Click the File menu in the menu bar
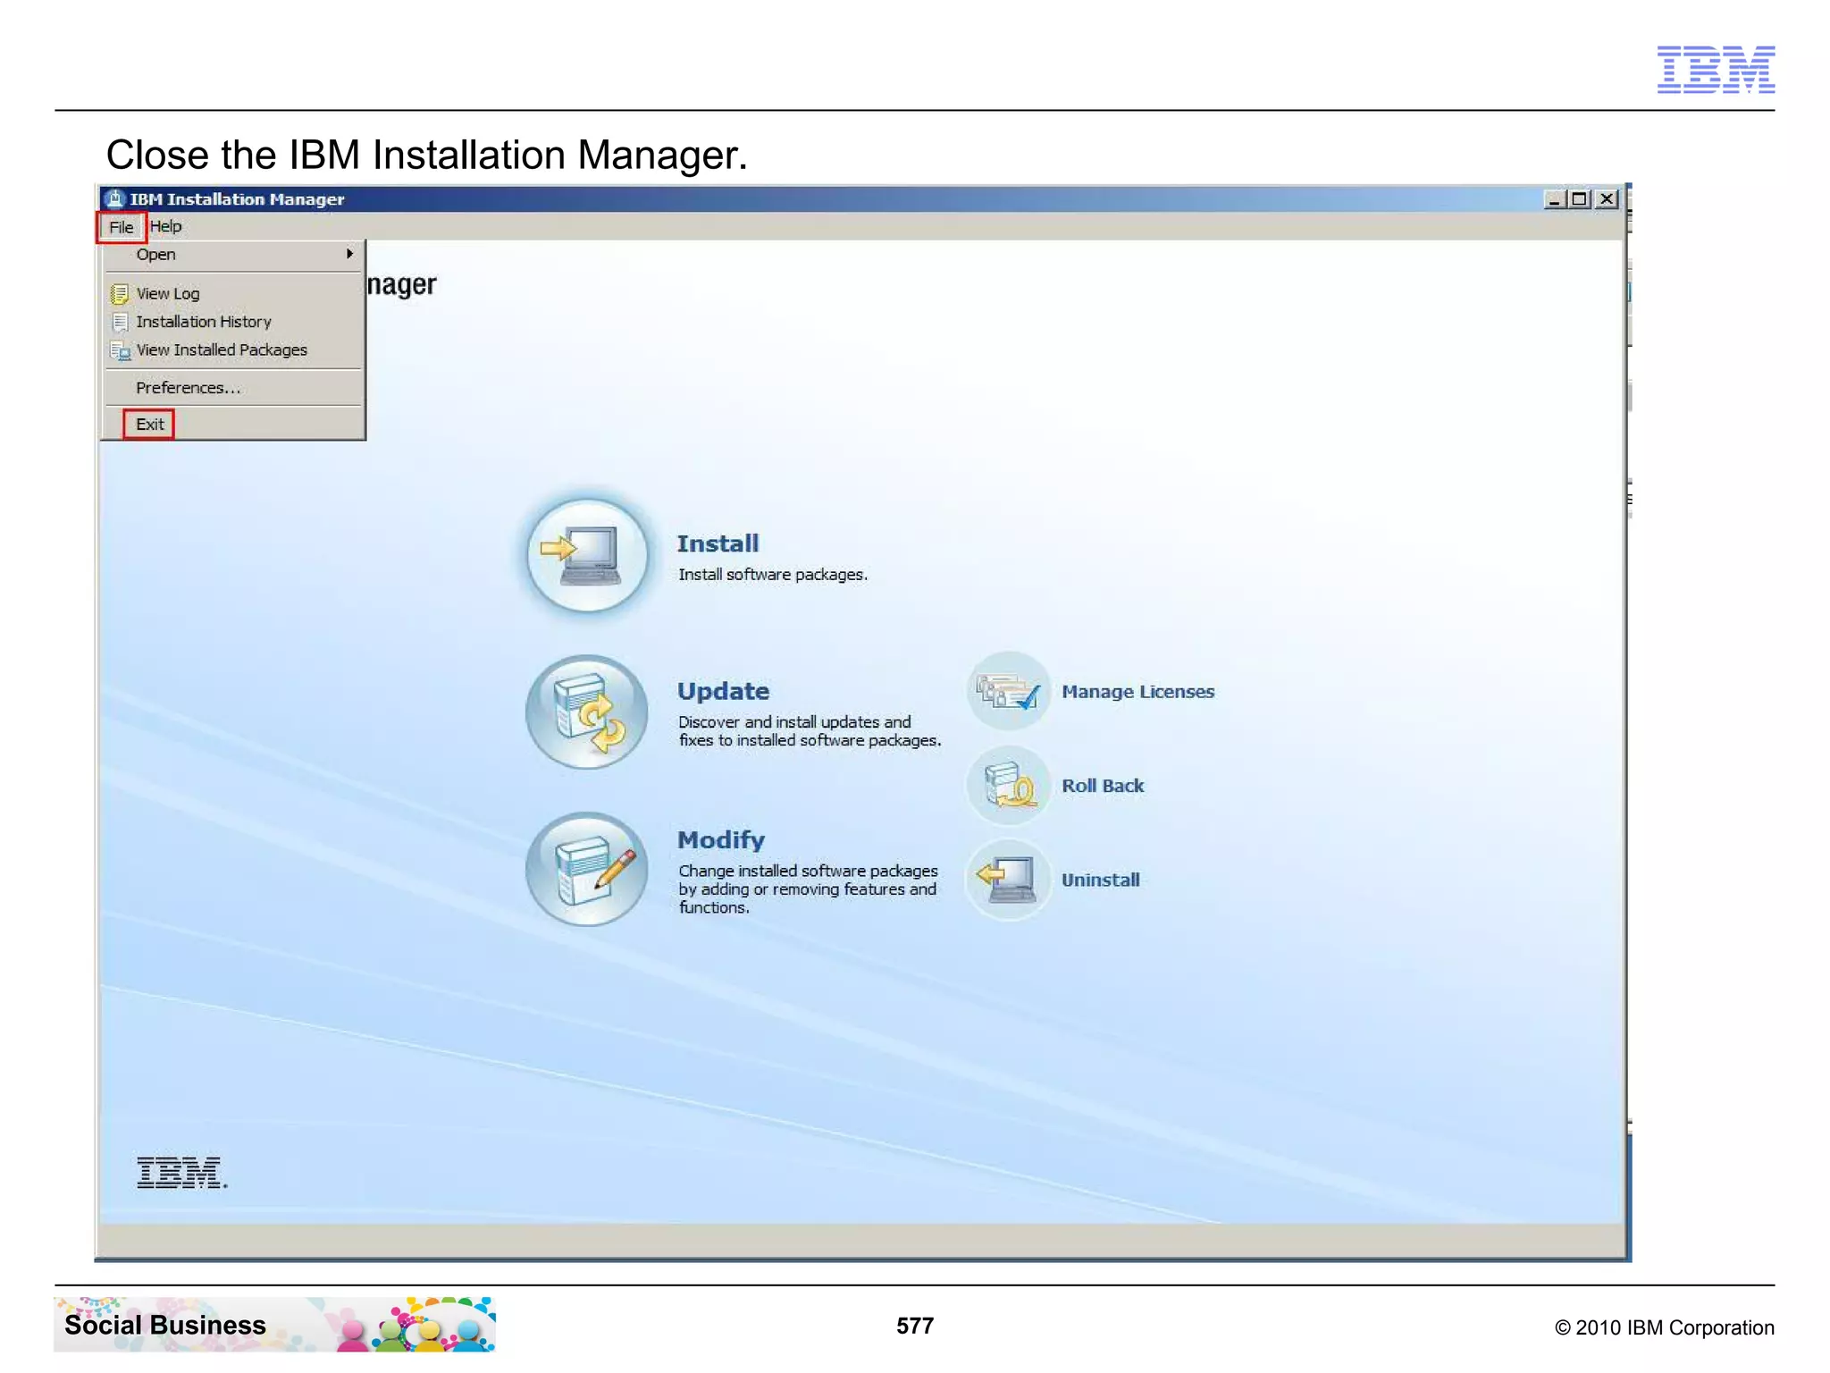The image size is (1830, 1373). click(121, 227)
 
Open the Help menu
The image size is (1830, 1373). click(165, 226)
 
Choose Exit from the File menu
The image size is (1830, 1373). click(149, 425)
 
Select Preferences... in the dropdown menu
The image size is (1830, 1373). click(188, 388)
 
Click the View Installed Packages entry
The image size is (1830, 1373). click(221, 350)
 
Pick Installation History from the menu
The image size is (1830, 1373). click(203, 322)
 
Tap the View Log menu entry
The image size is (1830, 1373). click(167, 294)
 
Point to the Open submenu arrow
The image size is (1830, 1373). click(349, 255)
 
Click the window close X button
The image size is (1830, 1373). click(1607, 199)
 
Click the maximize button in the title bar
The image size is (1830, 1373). click(1580, 199)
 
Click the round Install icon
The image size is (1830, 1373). click(587, 555)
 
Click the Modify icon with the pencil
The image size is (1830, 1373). click(587, 870)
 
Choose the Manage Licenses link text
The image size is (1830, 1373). click(1137, 692)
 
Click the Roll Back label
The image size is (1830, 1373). click(1103, 786)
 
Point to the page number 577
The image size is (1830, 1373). click(915, 1326)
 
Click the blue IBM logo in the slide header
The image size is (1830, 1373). click(1716, 70)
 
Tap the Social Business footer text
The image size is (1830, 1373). click(165, 1325)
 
